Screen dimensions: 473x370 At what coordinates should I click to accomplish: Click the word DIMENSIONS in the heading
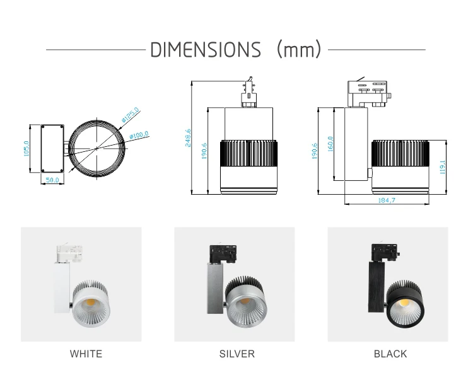point(206,50)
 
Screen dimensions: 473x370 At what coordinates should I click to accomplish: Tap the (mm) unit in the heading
point(299,49)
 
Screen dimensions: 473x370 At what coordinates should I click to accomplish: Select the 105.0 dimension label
point(26,148)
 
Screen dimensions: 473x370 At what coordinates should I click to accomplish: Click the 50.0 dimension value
point(52,180)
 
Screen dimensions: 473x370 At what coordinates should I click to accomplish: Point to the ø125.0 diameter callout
point(131,115)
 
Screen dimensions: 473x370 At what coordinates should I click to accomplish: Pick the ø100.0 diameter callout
point(139,135)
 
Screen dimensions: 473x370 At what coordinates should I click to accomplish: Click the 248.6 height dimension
point(188,138)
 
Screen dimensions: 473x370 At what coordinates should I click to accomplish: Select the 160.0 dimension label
point(330,144)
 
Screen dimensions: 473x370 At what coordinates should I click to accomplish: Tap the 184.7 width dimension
point(387,200)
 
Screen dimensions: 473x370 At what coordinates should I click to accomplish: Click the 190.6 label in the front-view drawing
point(204,151)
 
